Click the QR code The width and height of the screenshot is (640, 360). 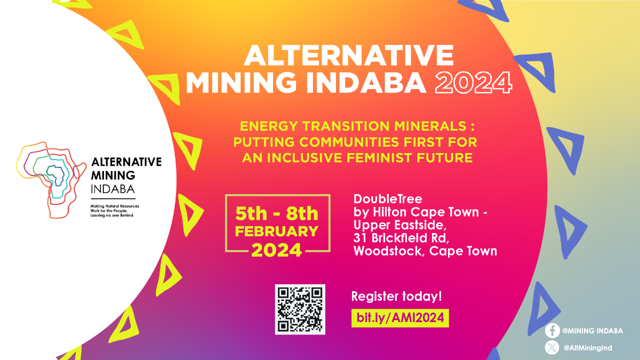[300, 309]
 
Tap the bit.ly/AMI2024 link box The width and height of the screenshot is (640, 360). [400, 318]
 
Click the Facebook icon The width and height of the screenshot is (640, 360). [553, 331]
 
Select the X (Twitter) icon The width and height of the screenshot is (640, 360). [553, 348]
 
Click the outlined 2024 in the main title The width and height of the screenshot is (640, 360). [474, 83]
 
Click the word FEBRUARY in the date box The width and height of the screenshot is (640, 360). [277, 231]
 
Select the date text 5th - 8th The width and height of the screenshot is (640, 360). [277, 213]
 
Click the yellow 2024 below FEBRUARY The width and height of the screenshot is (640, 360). [277, 250]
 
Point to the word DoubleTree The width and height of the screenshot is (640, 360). [388, 199]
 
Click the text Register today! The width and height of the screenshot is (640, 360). [397, 297]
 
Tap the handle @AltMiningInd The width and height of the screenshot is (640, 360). [588, 348]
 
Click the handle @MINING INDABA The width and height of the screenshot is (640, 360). [593, 331]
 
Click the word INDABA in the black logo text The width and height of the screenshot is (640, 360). [113, 189]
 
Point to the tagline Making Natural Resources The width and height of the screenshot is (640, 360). [115, 206]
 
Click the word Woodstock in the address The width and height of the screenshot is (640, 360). [389, 251]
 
